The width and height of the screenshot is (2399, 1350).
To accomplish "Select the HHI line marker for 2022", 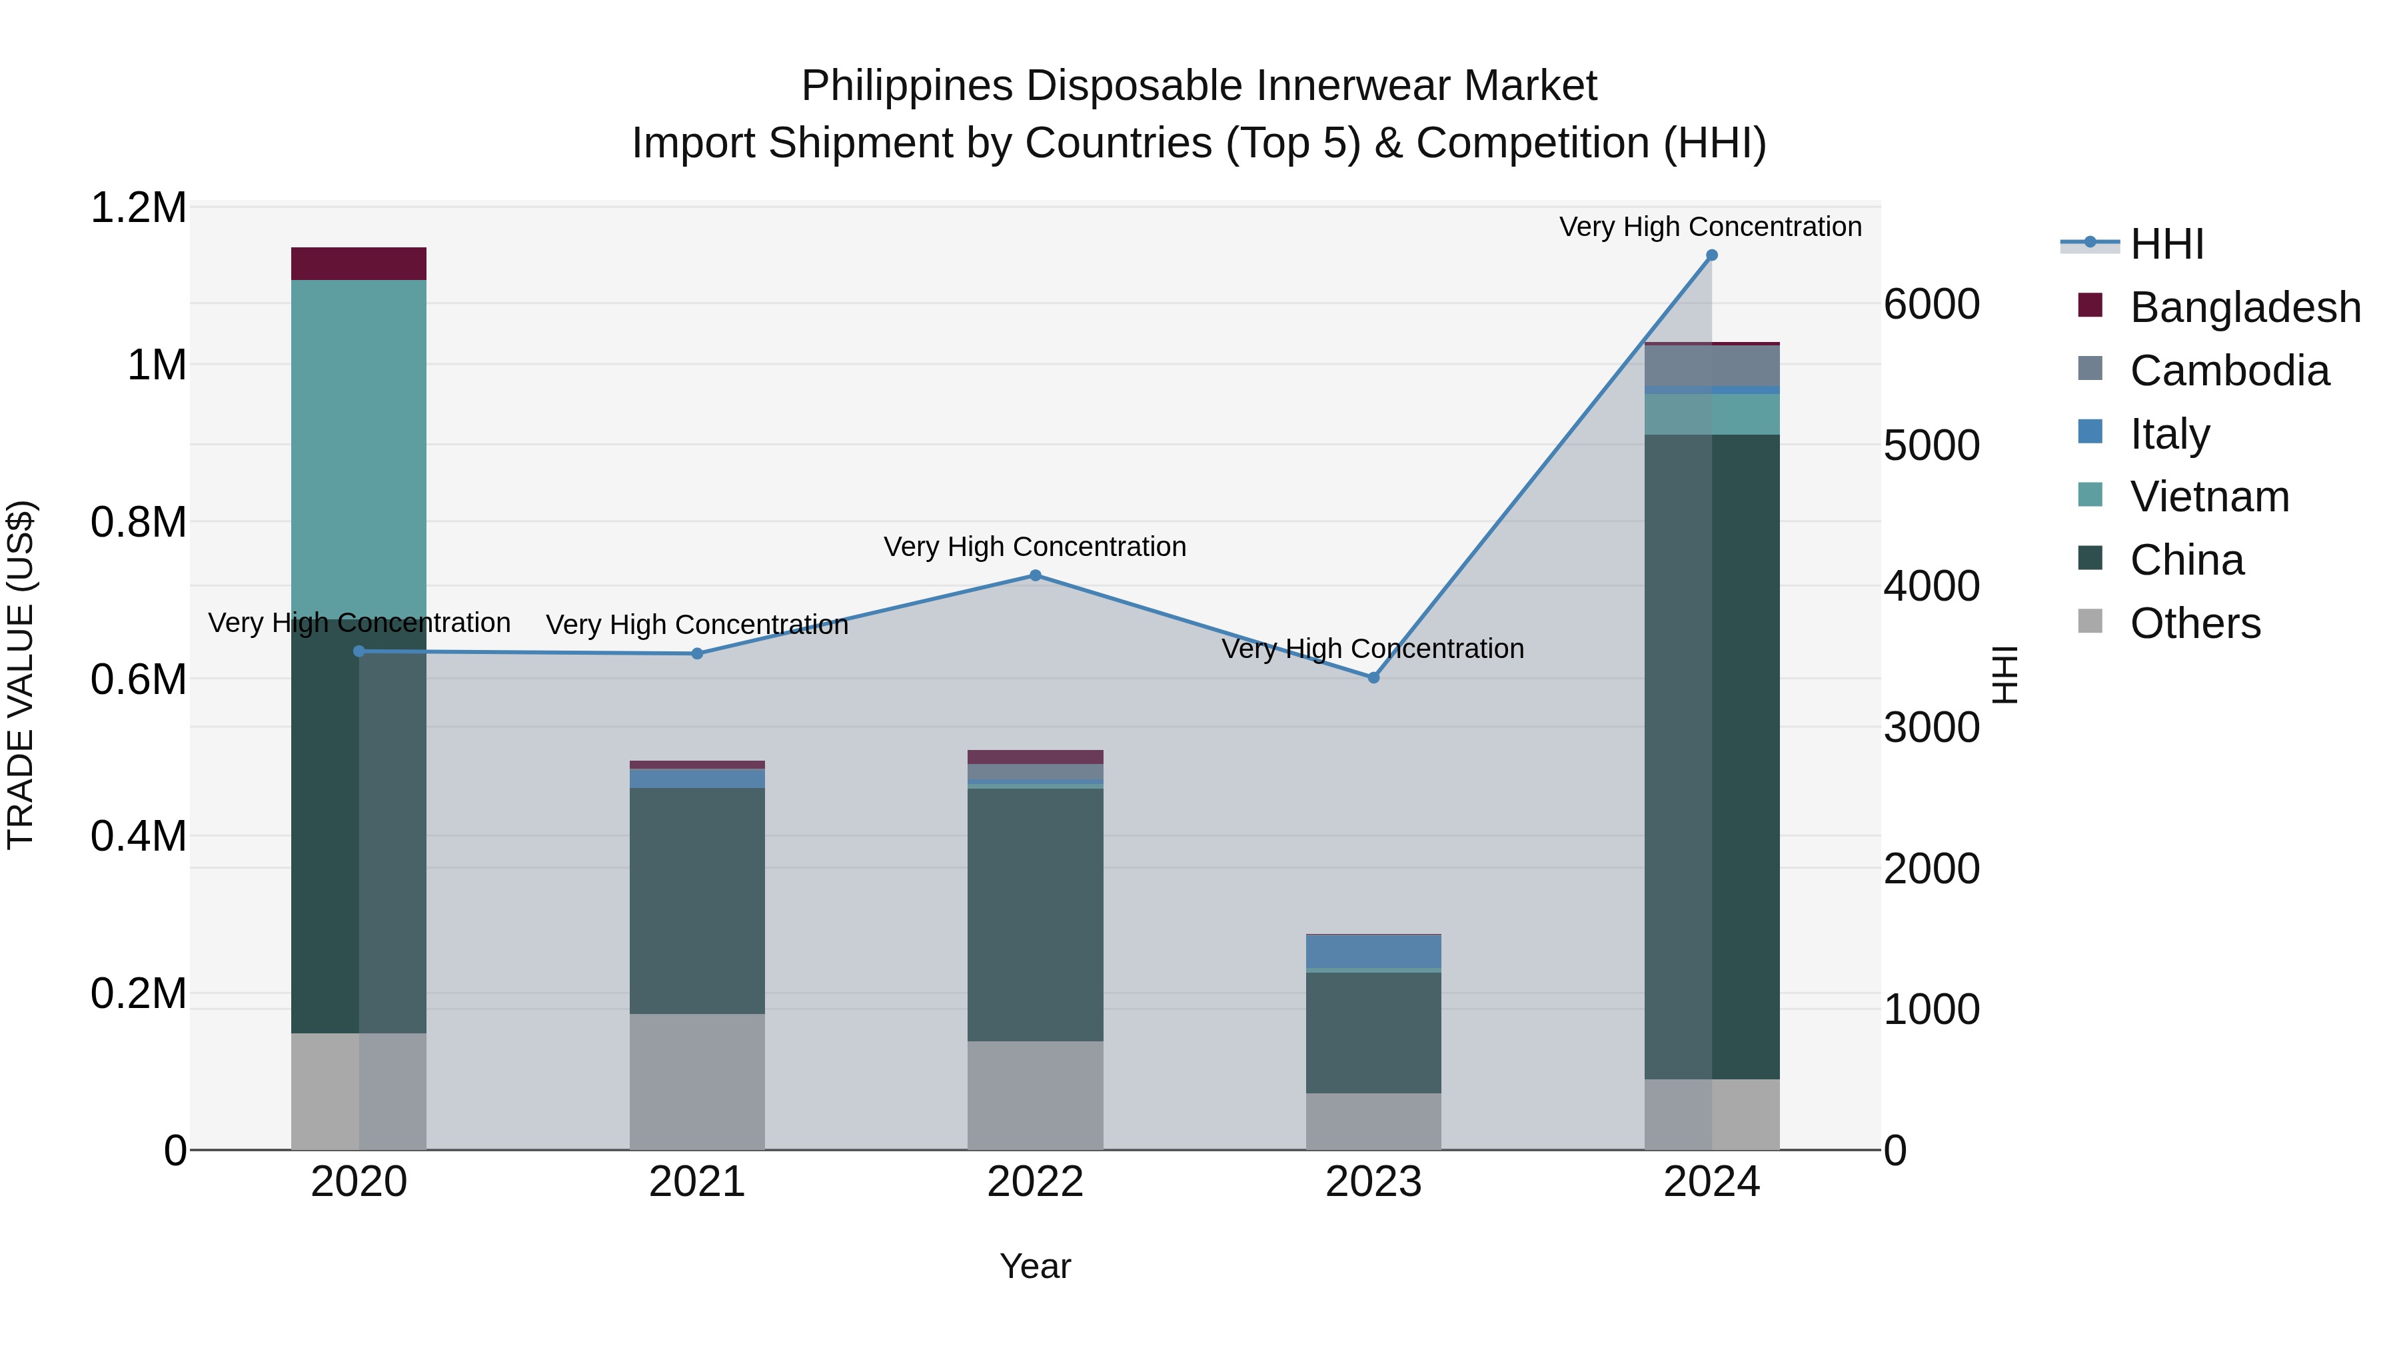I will (1035, 576).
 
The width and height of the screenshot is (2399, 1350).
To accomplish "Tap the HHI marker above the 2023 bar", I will (1373, 677).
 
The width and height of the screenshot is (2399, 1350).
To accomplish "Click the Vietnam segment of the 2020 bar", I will (359, 448).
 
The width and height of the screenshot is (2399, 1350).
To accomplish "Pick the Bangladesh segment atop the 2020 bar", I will (359, 263).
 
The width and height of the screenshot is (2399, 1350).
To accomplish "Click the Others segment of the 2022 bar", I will (1035, 1095).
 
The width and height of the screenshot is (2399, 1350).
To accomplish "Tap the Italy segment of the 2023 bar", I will (1373, 951).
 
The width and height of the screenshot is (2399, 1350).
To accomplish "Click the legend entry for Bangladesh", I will (2244, 307).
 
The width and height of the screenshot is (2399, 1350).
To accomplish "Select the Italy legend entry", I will (2169, 434).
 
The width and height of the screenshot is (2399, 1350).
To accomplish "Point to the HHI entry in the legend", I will (2166, 244).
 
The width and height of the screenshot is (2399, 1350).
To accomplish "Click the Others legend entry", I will (2194, 623).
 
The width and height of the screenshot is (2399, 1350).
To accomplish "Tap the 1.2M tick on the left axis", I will (138, 208).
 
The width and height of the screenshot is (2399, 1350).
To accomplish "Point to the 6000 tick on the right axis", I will (1931, 305).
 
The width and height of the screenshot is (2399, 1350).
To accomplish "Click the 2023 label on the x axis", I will (1373, 1182).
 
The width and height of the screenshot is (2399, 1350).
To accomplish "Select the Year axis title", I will (1035, 1266).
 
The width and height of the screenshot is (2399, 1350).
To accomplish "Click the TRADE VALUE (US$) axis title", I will (21, 675).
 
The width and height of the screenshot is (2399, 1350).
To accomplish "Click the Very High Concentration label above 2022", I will (1035, 546).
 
